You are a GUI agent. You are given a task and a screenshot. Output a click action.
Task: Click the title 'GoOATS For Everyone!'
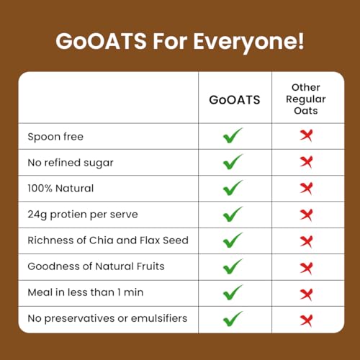(x=180, y=40)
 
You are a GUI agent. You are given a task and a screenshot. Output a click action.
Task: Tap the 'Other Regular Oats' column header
(x=306, y=99)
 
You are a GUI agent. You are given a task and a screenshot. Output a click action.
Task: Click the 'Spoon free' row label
(x=55, y=137)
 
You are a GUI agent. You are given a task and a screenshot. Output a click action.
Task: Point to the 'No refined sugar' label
(x=70, y=163)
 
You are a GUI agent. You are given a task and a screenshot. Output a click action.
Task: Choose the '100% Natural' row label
(x=60, y=189)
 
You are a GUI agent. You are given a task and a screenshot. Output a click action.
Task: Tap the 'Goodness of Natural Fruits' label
(x=96, y=266)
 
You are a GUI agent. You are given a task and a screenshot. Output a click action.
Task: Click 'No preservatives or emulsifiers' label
(x=107, y=318)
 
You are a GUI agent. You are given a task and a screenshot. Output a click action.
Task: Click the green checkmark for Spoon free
(x=233, y=136)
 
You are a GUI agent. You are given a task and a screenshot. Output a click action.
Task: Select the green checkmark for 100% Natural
(x=233, y=188)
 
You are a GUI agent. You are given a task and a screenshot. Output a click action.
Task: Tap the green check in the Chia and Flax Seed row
(x=233, y=240)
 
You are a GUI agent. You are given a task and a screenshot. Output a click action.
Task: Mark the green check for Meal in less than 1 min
(x=233, y=292)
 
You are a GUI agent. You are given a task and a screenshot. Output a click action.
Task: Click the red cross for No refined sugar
(x=307, y=163)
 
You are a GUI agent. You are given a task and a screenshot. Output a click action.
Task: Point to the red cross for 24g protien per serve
(x=307, y=215)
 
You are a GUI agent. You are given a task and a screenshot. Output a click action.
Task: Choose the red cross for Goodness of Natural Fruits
(x=307, y=266)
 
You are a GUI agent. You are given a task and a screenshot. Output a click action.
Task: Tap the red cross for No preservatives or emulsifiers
(x=307, y=318)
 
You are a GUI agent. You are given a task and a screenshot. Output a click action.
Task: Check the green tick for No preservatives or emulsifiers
(x=233, y=318)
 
